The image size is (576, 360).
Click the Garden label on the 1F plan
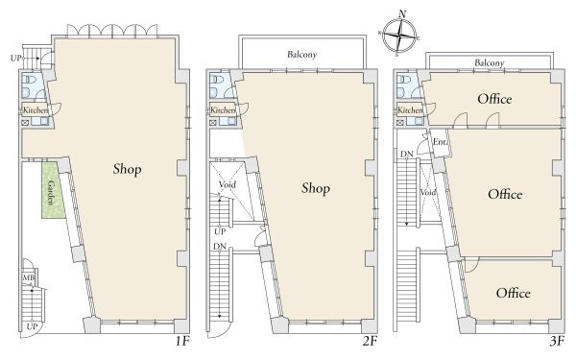pos(51,193)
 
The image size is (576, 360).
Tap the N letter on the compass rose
pos(402,14)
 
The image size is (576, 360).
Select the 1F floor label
pos(182,341)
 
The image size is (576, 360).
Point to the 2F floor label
pos(370,341)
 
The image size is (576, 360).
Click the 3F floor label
pos(557,341)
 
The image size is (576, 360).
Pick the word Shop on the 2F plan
pos(316,188)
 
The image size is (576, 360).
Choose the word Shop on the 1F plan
pos(127,169)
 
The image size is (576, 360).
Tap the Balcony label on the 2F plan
pos(302,55)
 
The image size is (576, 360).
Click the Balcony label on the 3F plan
pos(490,62)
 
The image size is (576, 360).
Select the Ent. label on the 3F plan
pos(440,141)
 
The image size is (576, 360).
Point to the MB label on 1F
pos(29,277)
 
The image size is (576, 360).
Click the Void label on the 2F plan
pos(227,184)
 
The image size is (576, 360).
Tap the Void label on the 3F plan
pos(428,192)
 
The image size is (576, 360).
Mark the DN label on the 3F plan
pos(407,154)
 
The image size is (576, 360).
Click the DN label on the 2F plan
pos(220,247)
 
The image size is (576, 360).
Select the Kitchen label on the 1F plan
pos(36,109)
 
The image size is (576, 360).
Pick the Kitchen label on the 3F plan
pos(410,109)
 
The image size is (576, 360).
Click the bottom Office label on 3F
pos(514,293)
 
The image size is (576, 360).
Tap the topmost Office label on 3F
pos(494,99)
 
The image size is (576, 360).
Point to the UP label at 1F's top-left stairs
pos(15,58)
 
